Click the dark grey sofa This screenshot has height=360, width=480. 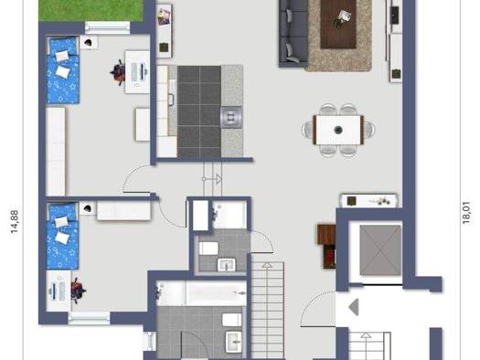(x=294, y=32)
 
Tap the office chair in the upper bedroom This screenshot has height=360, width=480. (x=120, y=71)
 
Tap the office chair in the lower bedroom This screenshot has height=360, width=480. (x=79, y=291)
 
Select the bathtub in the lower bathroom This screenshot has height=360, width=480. (x=199, y=294)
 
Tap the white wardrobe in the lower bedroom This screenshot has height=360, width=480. (x=123, y=210)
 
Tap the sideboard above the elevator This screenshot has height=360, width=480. (x=368, y=199)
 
